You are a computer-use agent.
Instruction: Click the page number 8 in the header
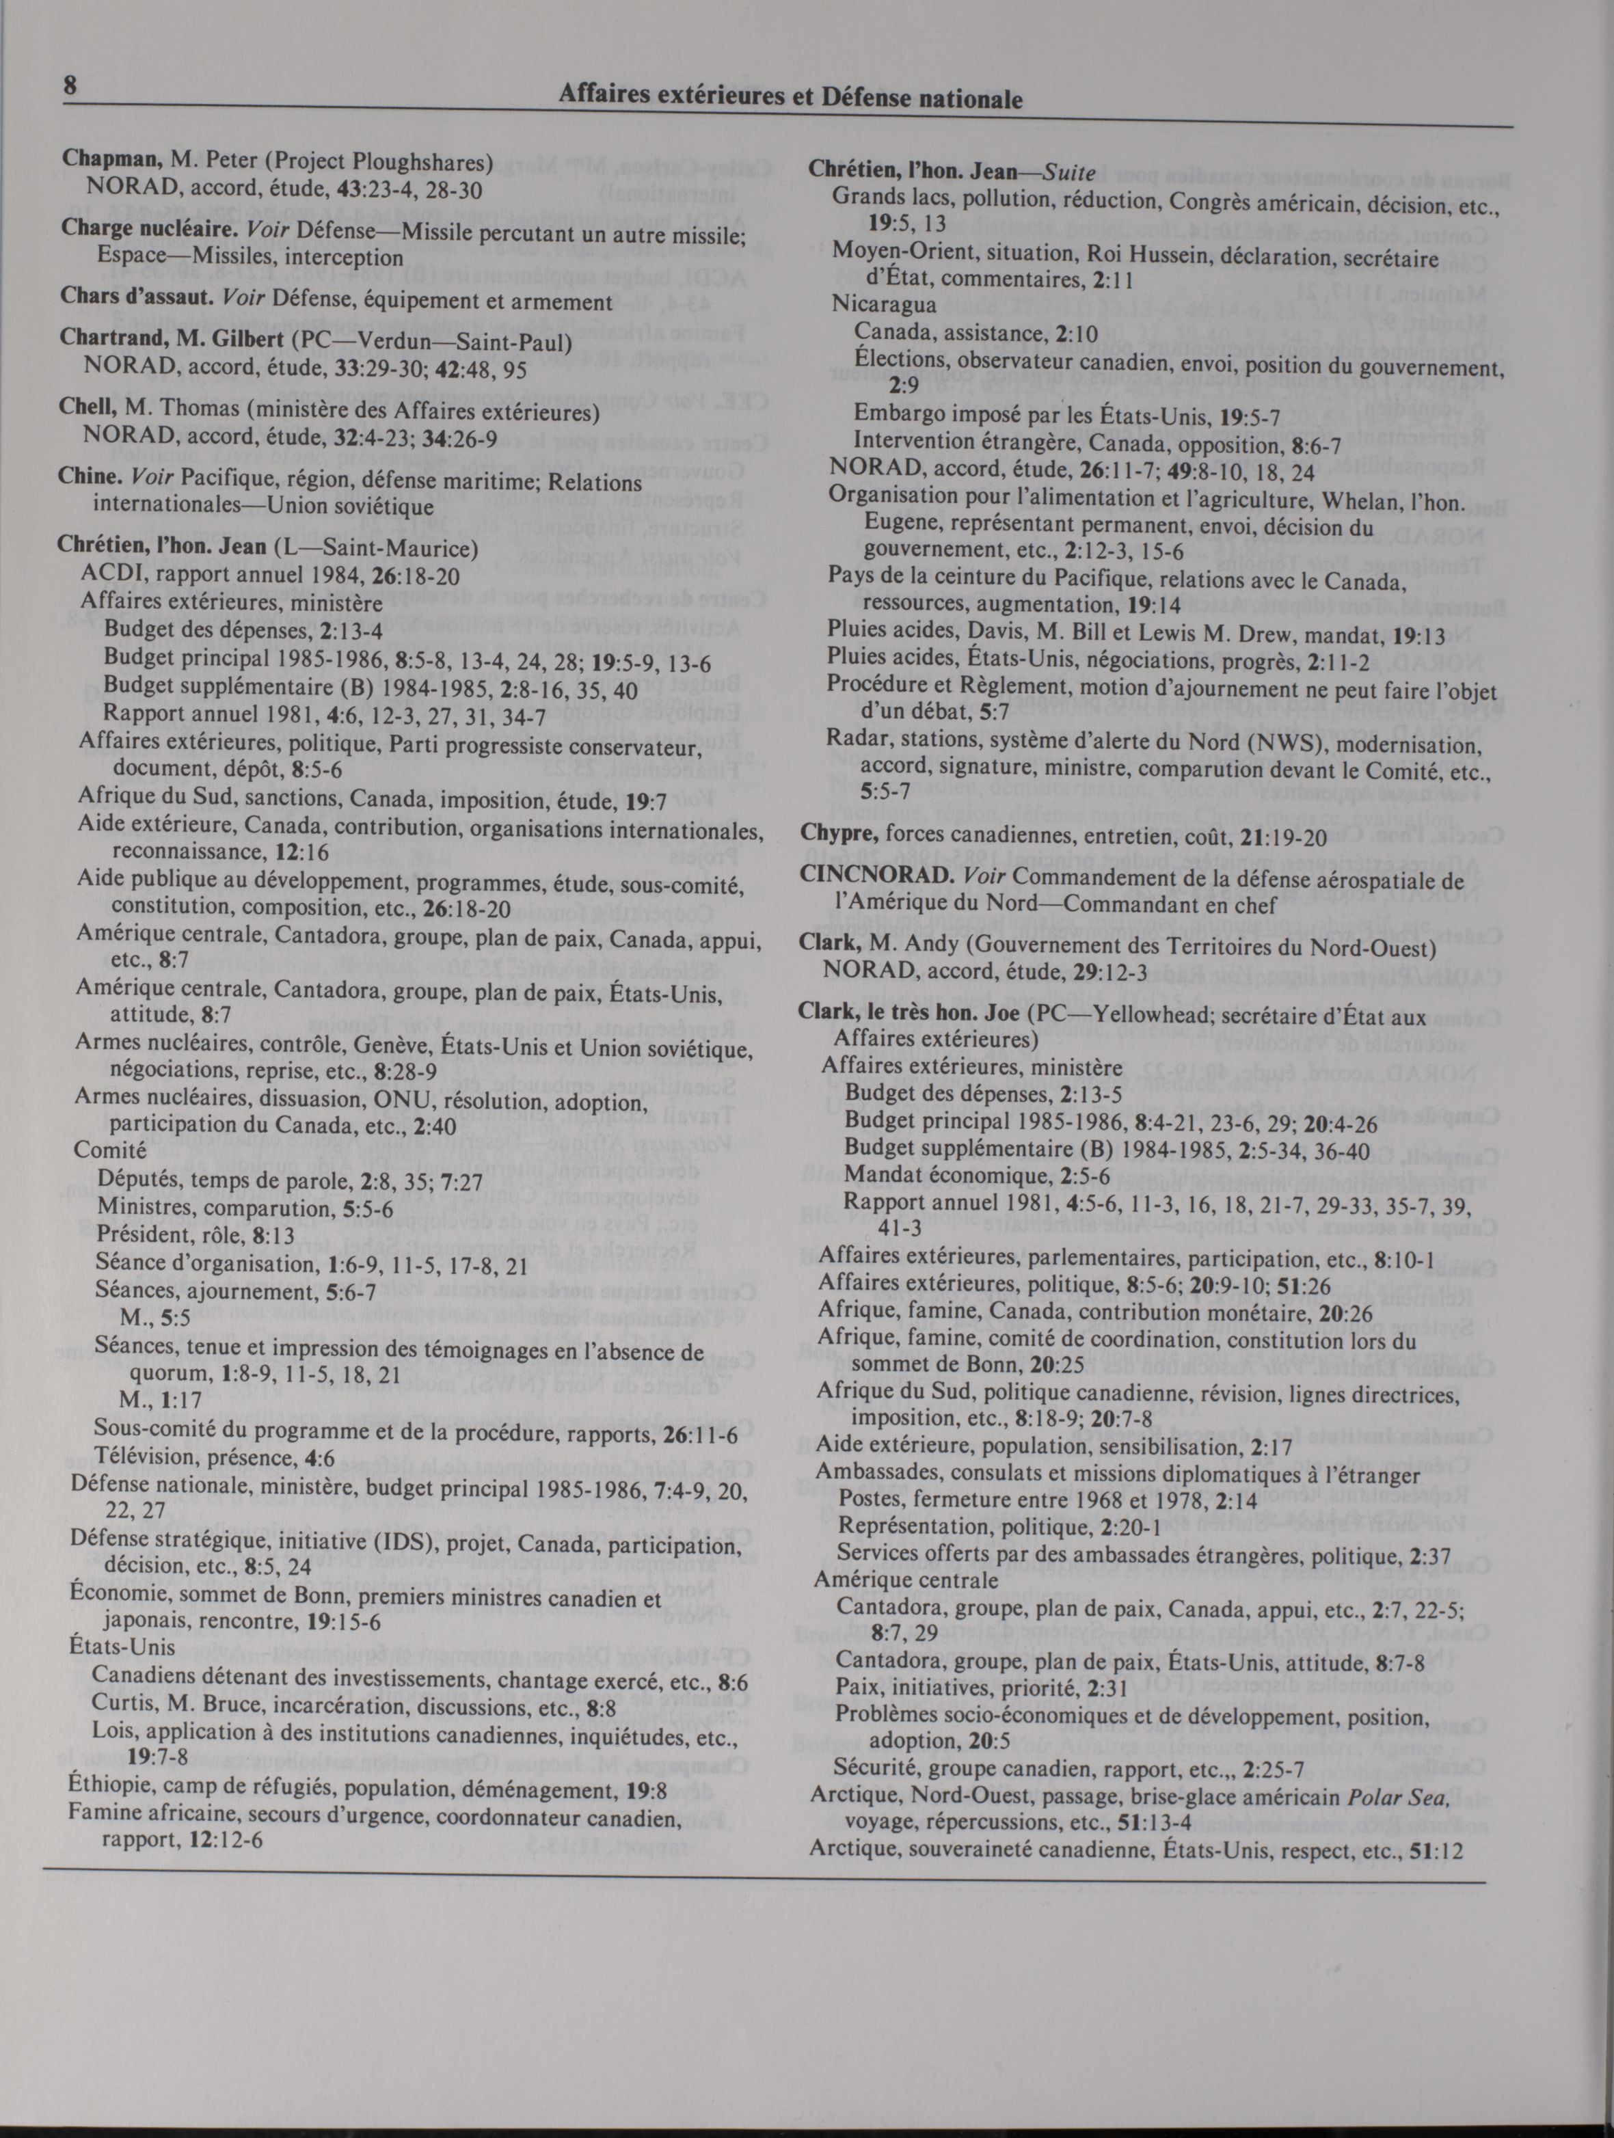coord(70,84)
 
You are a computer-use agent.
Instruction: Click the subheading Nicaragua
coord(883,304)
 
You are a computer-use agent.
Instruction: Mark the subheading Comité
coord(109,1151)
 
